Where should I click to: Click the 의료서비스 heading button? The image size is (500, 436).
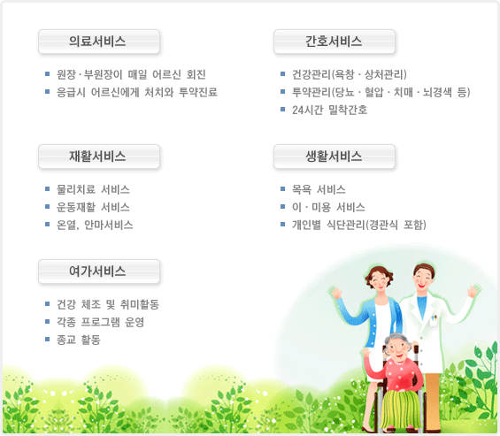pos(99,42)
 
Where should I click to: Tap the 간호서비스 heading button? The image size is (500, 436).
pos(335,42)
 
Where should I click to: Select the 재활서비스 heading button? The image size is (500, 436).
pos(99,157)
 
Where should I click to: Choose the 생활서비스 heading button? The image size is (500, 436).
pos(335,157)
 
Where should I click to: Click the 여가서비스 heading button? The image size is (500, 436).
pos(99,272)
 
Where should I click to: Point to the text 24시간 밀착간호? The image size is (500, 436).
pos(330,110)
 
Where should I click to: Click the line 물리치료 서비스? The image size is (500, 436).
pos(93,189)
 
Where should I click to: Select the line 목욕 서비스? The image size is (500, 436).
pos(319,189)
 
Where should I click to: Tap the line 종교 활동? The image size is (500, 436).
pos(79,340)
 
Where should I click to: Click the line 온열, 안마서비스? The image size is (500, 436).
pos(95,225)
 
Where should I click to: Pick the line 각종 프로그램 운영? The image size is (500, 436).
pos(101,322)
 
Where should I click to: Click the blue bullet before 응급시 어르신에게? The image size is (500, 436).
pos(47,92)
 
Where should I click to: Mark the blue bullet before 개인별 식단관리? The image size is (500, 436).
pos(282,225)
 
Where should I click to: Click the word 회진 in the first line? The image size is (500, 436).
pos(196,74)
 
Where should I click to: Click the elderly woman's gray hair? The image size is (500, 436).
pos(397,339)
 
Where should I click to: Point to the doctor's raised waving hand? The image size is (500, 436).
pos(474,291)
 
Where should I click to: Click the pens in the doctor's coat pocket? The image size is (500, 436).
pos(434,318)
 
